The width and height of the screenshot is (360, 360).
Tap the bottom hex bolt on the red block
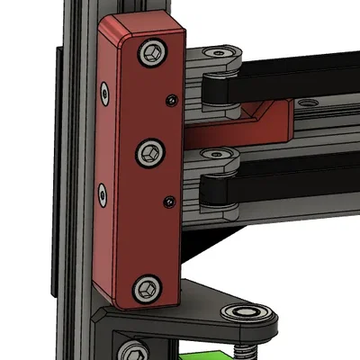[145, 289]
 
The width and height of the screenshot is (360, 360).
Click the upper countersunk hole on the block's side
[106, 91]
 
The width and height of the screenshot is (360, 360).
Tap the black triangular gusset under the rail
[211, 241]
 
